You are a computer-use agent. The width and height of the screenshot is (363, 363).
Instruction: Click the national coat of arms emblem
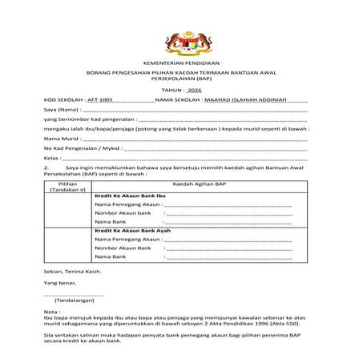[180, 40]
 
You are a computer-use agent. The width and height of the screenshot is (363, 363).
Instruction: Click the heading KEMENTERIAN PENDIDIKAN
[181, 63]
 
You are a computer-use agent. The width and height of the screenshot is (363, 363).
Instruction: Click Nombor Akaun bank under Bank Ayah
[123, 249]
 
